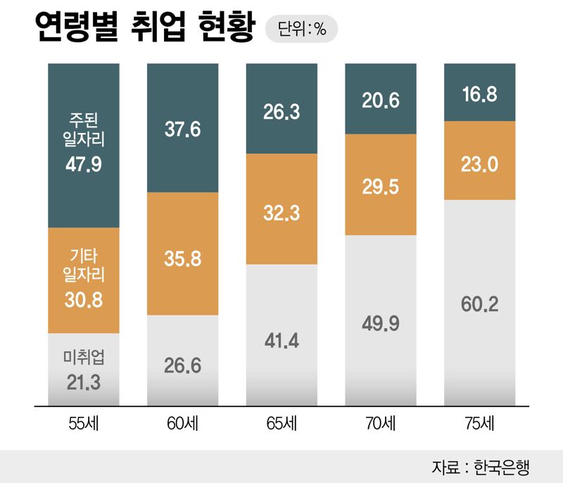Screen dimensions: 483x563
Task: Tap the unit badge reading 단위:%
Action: point(301,30)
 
